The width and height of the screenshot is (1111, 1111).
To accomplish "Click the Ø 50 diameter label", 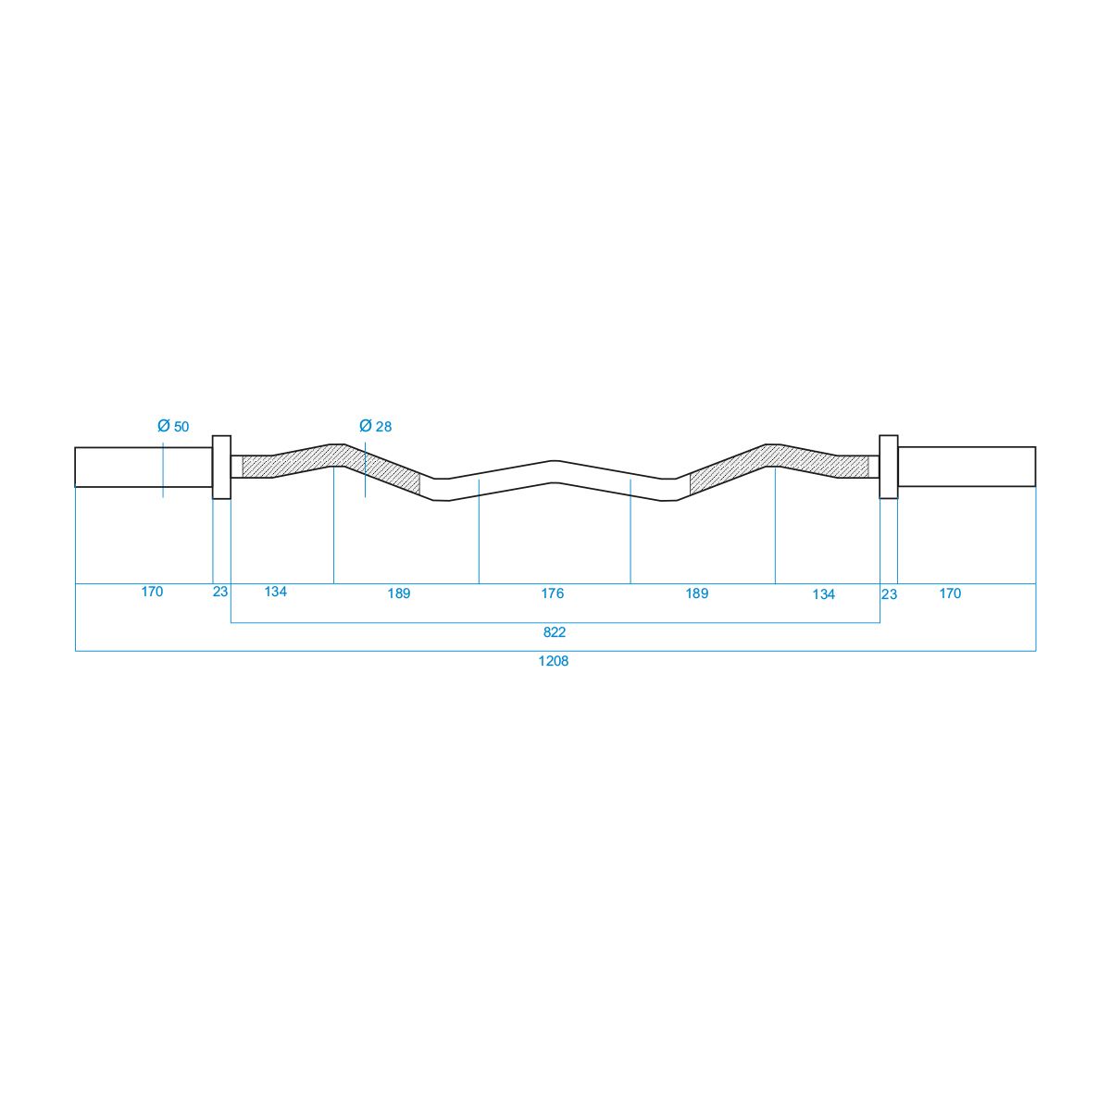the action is (x=173, y=426).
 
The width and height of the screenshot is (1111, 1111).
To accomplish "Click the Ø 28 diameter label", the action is (x=375, y=426).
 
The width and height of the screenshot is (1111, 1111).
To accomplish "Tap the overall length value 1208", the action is (x=554, y=661).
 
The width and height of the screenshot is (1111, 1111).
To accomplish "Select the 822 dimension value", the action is (x=555, y=632).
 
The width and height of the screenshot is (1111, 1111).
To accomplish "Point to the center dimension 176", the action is (x=553, y=593).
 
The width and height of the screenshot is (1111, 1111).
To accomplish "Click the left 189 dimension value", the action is (x=399, y=593).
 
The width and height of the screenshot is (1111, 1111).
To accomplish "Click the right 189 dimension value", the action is (x=697, y=593).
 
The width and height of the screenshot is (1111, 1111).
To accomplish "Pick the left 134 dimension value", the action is (x=276, y=592).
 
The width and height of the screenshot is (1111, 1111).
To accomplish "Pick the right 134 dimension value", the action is (x=824, y=594).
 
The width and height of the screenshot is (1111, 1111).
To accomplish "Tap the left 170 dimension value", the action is (x=152, y=592).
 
